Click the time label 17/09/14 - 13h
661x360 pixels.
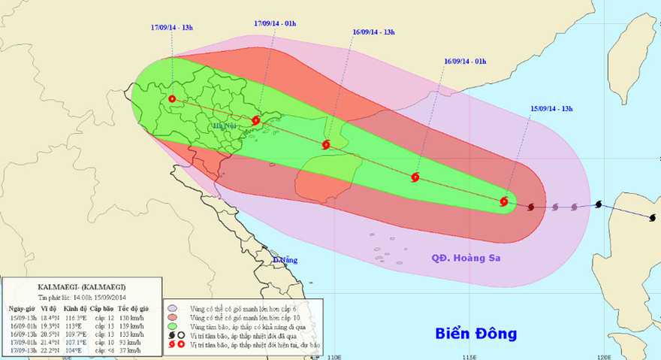pyautogui.click(x=172, y=27)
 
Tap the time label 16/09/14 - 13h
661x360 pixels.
pyautogui.click(x=374, y=33)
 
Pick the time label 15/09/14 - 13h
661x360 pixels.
pyautogui.click(x=551, y=108)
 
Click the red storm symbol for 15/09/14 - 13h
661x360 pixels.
pyautogui.click(x=504, y=201)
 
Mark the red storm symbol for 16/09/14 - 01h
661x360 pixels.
pyautogui.click(x=415, y=178)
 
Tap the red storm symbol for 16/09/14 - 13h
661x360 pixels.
pyautogui.click(x=326, y=145)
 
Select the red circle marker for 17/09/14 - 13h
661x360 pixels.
pyautogui.click(x=172, y=98)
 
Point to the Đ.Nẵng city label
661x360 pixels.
pyautogui.click(x=286, y=260)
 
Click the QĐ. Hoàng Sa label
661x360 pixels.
pyautogui.click(x=466, y=258)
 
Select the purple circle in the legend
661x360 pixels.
pyautogui.click(x=174, y=308)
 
